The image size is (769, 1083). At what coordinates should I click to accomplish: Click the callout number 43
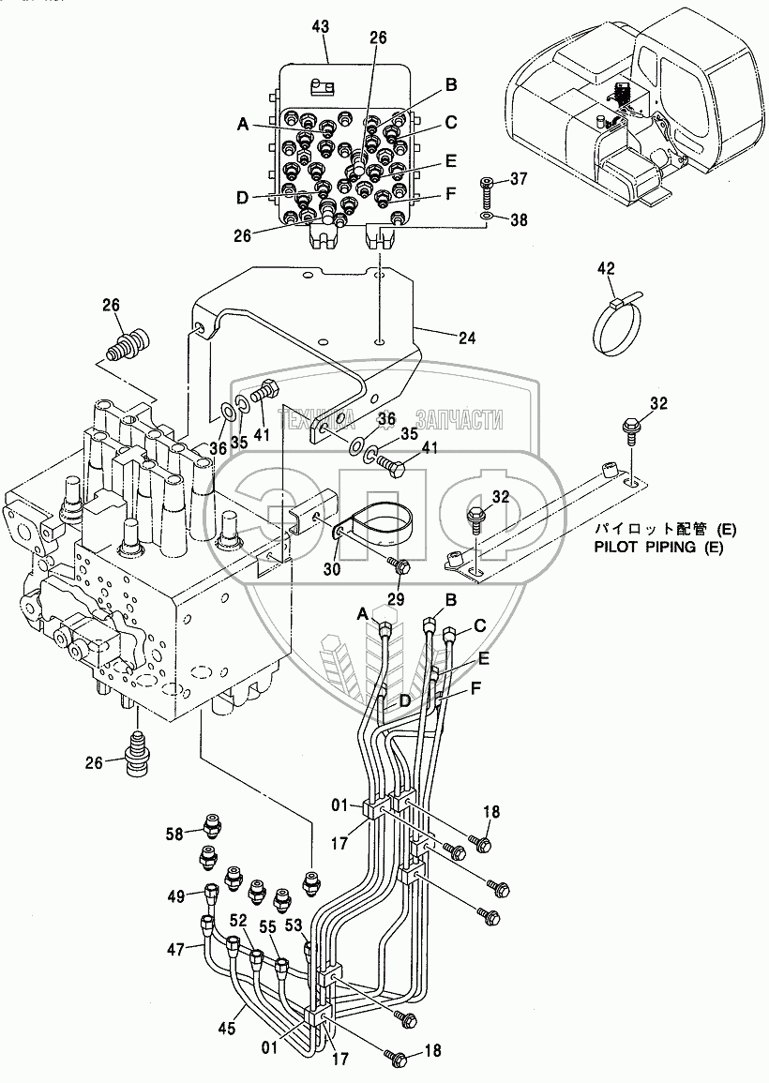(321, 27)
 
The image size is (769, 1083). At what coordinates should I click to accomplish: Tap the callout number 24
(467, 338)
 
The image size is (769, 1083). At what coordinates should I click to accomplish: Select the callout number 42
(606, 268)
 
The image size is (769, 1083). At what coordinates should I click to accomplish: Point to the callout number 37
(519, 179)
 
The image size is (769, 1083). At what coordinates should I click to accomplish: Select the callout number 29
(395, 599)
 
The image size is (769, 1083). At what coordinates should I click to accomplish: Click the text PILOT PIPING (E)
(658, 548)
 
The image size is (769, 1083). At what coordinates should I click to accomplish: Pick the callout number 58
(174, 835)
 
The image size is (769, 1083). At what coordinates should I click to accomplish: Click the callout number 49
(175, 896)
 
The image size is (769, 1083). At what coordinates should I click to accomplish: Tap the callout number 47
(175, 950)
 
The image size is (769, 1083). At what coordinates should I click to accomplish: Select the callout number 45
(227, 1029)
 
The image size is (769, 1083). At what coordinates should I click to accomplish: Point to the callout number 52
(238, 921)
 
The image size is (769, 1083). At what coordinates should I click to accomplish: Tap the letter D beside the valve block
(241, 198)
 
